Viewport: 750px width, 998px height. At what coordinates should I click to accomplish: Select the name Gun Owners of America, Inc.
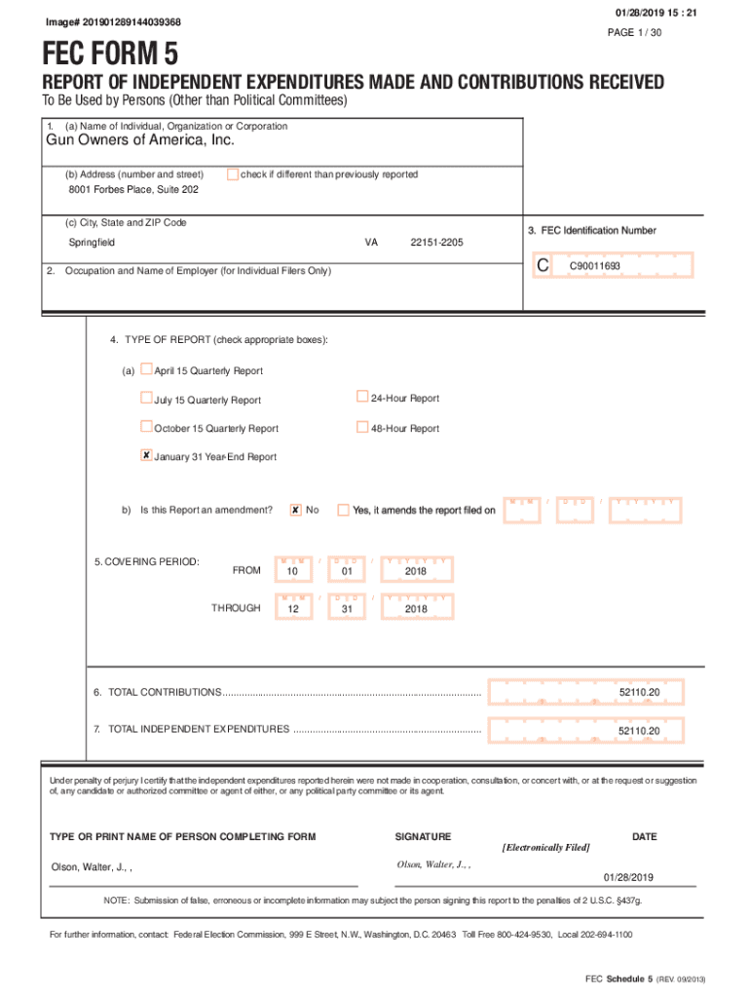[x=140, y=141]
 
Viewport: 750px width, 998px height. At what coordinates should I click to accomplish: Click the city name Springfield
[x=92, y=243]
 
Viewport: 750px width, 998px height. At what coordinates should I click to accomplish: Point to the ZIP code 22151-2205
[x=437, y=243]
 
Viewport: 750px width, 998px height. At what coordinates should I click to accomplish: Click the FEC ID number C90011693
[x=594, y=265]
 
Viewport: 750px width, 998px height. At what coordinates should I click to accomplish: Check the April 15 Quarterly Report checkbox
[x=147, y=369]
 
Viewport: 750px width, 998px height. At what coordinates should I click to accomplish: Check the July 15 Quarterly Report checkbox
[x=147, y=399]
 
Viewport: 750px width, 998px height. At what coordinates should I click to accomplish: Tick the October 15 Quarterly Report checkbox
[x=147, y=427]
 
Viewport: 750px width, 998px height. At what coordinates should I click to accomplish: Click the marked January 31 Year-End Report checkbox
[x=147, y=455]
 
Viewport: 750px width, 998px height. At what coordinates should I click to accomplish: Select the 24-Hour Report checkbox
[x=362, y=398]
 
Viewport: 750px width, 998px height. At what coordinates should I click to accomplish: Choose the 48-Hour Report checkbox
[x=362, y=427]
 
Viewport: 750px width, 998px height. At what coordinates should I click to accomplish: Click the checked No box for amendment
[x=295, y=509]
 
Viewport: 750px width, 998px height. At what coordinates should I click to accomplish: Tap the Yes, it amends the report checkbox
[x=343, y=509]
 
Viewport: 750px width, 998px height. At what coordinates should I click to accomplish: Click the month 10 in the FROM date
[x=292, y=571]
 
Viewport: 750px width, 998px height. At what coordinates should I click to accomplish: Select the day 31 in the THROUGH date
[x=346, y=609]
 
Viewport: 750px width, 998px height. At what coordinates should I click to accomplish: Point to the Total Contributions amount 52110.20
[x=639, y=692]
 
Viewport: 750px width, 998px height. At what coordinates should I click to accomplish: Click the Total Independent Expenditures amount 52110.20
[x=639, y=730]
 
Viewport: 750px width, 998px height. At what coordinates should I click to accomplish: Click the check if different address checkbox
[x=233, y=174]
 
